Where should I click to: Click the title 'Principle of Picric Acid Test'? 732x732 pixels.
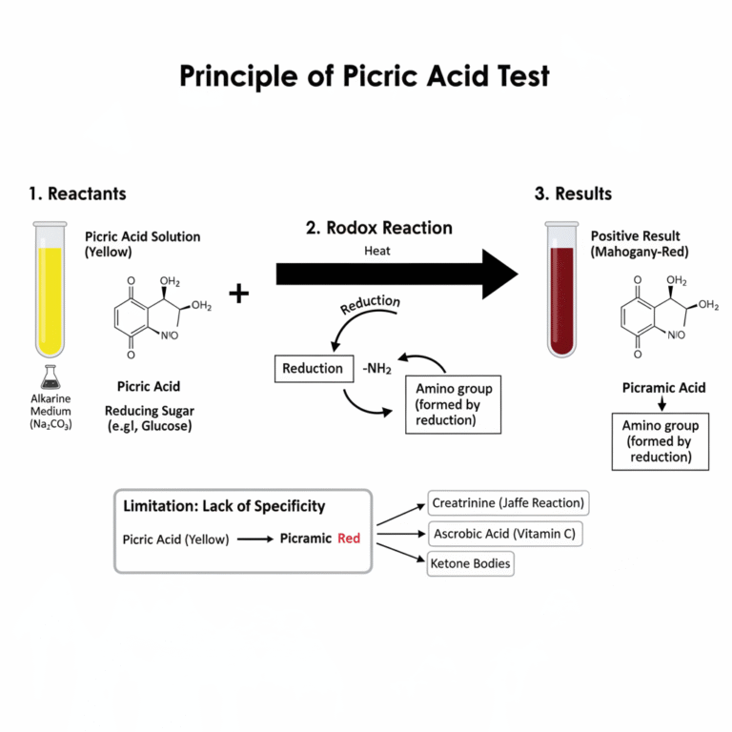click(365, 76)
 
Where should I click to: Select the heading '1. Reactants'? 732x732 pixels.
click(77, 193)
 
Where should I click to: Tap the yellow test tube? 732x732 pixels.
click(49, 291)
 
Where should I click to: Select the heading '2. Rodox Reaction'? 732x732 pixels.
click(379, 228)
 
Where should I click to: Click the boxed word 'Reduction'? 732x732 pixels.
click(313, 368)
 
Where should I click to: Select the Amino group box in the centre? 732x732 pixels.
click(453, 404)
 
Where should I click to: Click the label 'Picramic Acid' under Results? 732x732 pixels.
click(663, 388)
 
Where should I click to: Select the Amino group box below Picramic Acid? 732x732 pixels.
click(661, 441)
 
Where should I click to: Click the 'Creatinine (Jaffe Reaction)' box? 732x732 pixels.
click(508, 502)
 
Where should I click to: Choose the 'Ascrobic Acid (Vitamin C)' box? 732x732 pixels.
click(503, 534)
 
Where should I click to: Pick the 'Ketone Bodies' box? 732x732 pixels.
click(471, 563)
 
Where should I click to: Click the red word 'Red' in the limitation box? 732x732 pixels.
click(349, 539)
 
